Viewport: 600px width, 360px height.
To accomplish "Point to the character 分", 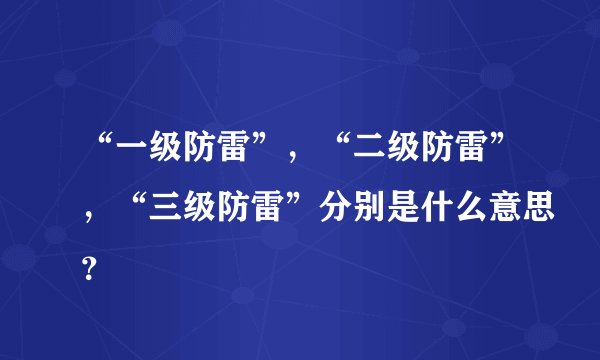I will click(x=339, y=210).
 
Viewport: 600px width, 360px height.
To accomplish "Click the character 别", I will click(x=374, y=210).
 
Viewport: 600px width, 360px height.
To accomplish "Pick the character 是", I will click(x=409, y=210).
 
